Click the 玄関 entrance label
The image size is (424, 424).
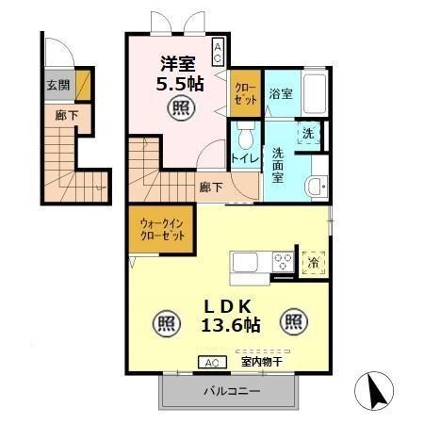coord(58,85)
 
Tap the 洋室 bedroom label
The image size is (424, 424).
coord(178,64)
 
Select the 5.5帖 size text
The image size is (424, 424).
coord(180,84)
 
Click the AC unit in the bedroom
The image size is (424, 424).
coord(218,52)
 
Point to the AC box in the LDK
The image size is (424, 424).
coord(212,363)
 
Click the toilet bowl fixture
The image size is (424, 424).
coord(246,136)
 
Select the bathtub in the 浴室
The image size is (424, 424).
coord(315,93)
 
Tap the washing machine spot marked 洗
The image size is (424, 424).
coord(308,134)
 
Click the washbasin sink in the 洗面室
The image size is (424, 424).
coord(317,187)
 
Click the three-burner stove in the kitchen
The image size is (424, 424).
coord(283,261)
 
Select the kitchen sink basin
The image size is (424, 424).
coord(245,261)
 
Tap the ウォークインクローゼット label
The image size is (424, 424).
coord(162,230)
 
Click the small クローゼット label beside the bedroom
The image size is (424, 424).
coord(246,93)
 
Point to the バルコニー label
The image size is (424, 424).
coord(232,391)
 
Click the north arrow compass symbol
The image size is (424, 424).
coord(374,391)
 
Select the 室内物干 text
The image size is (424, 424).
coord(262,362)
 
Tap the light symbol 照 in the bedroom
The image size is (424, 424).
coord(181,108)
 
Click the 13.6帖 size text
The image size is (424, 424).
coord(231,325)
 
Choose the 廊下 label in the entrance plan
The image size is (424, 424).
coord(67,115)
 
